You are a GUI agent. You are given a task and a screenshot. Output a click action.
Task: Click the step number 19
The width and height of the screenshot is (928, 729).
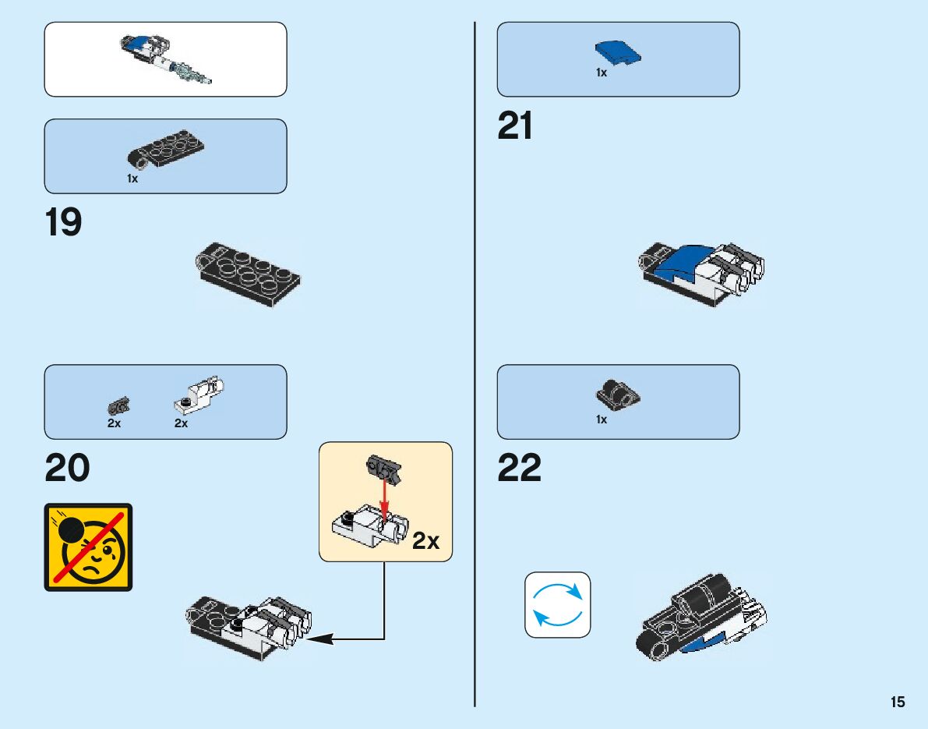[64, 223]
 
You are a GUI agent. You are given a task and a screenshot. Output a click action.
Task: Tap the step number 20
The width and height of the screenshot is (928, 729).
[67, 469]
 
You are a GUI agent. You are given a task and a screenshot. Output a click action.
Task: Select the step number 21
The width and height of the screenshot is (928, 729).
[515, 126]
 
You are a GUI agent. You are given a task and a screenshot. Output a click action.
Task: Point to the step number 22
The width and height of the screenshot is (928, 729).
[519, 469]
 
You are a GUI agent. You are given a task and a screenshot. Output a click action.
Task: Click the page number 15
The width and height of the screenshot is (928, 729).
[898, 702]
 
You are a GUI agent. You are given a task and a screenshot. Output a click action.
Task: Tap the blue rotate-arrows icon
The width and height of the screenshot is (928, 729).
[557, 605]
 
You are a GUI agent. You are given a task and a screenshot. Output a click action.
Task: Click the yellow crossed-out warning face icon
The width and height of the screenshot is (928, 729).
[88, 547]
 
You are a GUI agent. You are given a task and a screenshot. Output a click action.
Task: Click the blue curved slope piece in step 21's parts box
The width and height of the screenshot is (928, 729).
[618, 52]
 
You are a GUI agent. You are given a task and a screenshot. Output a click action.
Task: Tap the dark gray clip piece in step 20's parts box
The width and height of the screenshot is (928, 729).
[118, 405]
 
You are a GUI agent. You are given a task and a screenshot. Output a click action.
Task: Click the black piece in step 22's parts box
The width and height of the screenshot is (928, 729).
[618, 394]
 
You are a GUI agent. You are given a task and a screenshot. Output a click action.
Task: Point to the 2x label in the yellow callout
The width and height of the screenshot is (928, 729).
[425, 541]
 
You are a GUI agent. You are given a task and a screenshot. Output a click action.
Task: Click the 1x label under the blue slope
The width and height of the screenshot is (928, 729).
[602, 73]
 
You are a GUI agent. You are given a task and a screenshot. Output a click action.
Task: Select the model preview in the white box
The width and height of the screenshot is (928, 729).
[165, 59]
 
